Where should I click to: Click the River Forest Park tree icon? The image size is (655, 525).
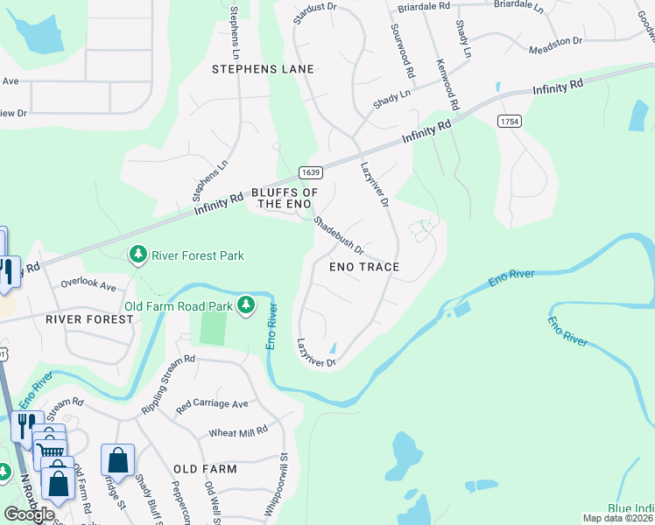tap(137, 255)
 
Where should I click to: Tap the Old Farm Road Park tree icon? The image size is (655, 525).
tap(248, 305)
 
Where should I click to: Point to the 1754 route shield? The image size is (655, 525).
tap(510, 120)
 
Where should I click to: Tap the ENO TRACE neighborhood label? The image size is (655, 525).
tap(364, 267)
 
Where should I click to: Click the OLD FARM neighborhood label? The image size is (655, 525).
tap(205, 469)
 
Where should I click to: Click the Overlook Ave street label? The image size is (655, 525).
tap(88, 285)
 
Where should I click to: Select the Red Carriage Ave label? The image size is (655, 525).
tap(212, 404)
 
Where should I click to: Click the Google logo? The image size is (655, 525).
tap(29, 514)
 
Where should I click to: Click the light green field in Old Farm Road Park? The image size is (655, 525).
tap(213, 327)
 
